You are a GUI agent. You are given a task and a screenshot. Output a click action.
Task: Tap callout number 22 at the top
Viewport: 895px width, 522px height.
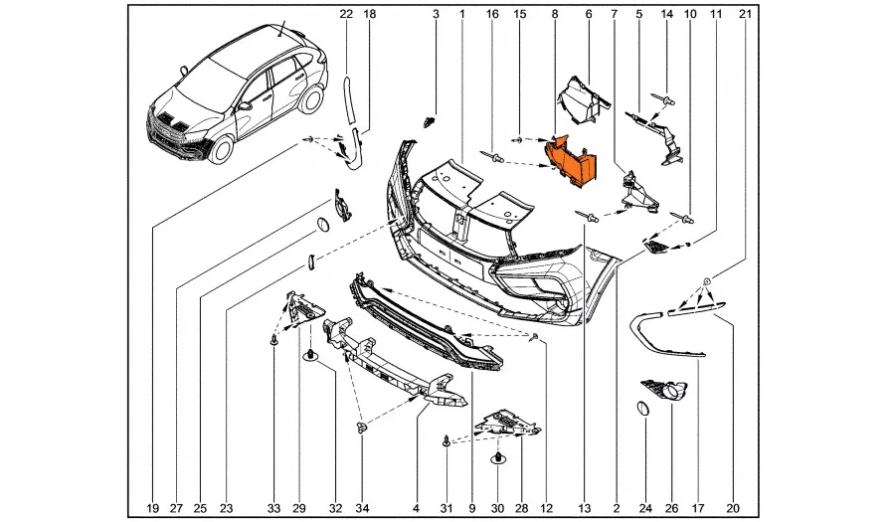click(346, 14)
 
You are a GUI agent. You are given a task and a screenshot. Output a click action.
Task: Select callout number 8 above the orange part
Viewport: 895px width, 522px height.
click(555, 14)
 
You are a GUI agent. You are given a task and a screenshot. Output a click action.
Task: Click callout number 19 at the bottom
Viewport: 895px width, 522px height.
click(152, 508)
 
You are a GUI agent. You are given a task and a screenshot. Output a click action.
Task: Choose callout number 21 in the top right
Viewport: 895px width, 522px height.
click(743, 14)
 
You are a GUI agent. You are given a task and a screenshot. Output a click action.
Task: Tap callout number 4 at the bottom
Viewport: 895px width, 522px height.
click(416, 508)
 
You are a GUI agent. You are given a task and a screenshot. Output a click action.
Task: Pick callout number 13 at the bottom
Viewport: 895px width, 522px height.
click(582, 508)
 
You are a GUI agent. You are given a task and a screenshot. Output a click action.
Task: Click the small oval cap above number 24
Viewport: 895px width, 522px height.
click(641, 408)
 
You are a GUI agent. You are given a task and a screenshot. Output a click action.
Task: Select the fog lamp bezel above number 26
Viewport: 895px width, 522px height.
click(659, 391)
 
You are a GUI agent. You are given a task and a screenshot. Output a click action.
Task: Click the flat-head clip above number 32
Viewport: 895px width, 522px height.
click(308, 355)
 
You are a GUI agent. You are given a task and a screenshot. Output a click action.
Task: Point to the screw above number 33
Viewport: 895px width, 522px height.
click(272, 341)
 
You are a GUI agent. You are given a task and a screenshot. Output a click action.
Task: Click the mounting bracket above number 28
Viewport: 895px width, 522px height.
click(507, 425)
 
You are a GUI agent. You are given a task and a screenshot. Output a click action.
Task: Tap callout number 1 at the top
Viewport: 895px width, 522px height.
click(462, 14)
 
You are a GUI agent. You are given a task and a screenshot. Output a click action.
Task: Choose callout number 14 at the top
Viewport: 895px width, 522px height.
click(666, 14)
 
